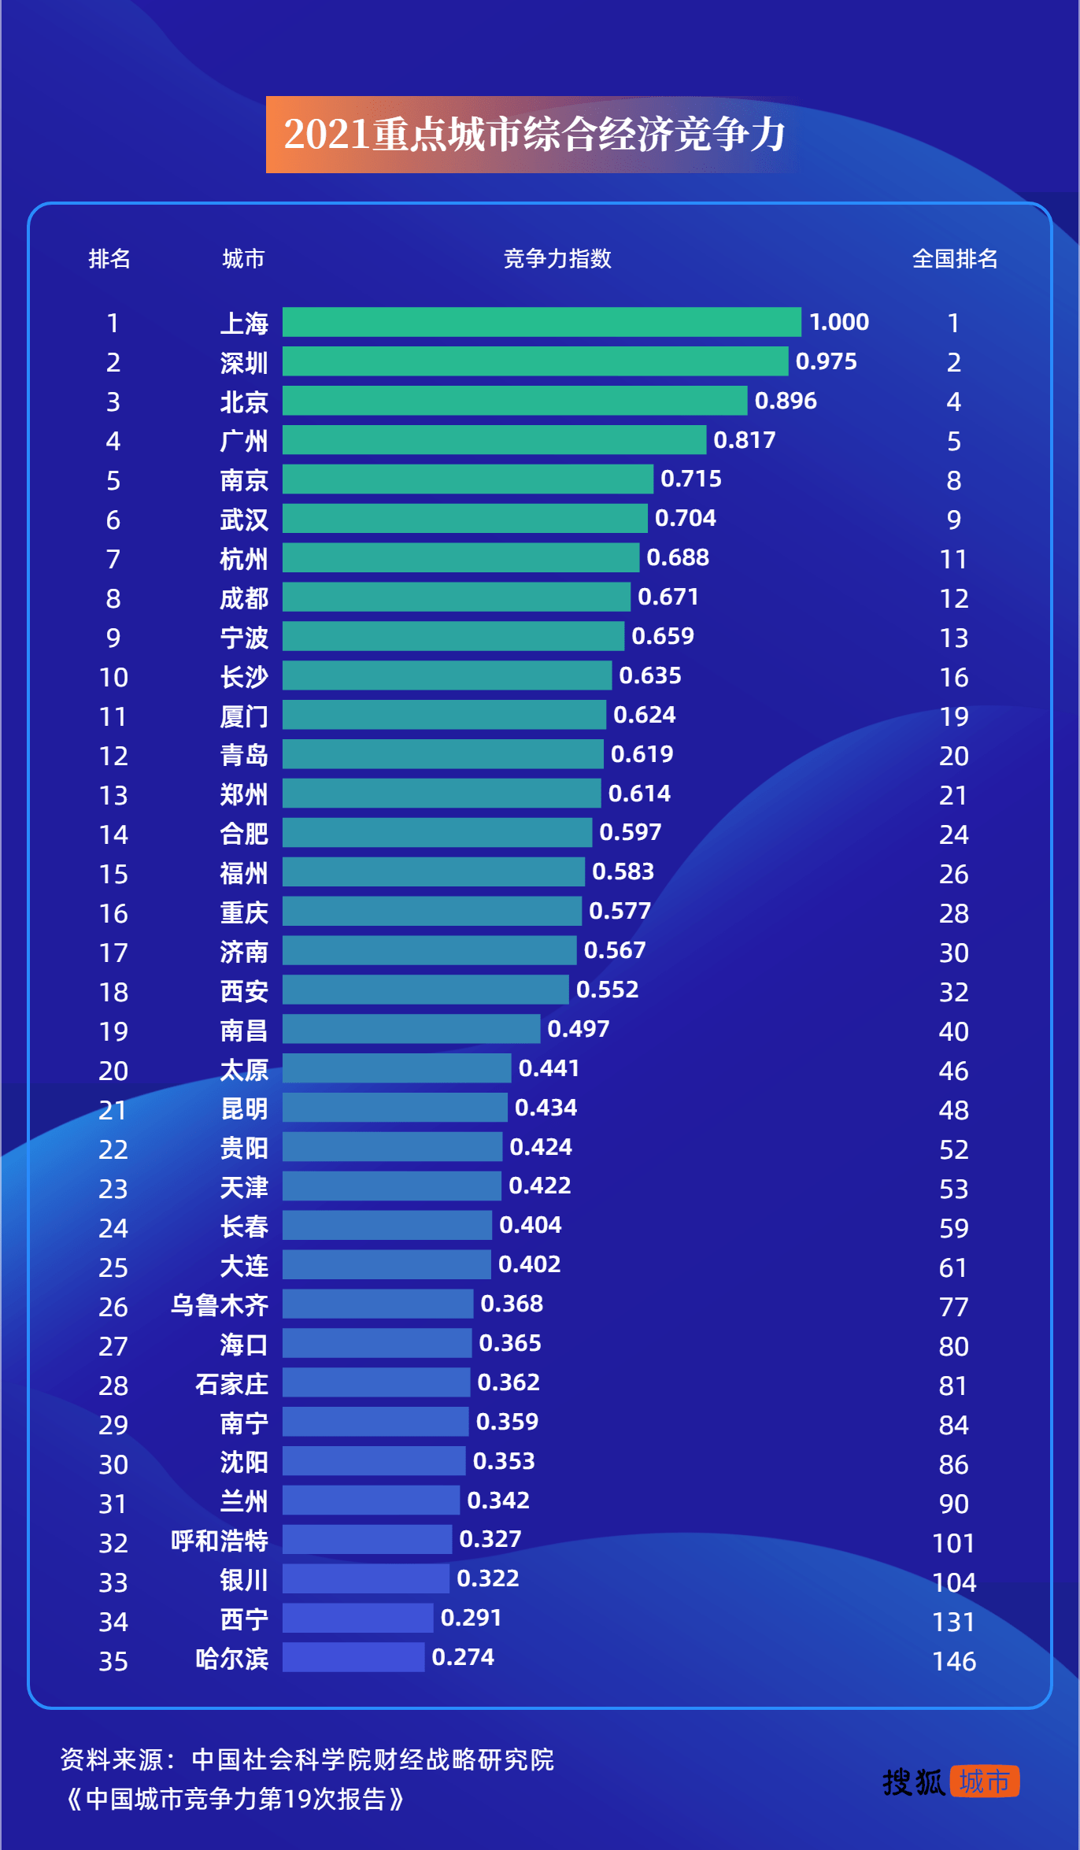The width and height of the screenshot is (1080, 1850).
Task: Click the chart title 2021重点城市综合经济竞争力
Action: (534, 135)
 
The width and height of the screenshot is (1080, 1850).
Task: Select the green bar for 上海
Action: (542, 322)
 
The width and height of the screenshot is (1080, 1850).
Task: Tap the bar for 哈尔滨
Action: (353, 1657)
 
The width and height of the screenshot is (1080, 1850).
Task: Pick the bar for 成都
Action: (457, 597)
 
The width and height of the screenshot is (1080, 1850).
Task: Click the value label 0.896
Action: (786, 401)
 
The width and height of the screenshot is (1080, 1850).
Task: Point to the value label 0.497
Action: (579, 1029)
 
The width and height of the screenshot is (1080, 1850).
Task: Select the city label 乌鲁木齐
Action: (220, 1305)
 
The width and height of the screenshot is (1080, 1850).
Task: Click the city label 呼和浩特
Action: (220, 1541)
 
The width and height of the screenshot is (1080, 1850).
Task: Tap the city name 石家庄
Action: (231, 1384)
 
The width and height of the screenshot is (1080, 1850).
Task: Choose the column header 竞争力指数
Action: (557, 258)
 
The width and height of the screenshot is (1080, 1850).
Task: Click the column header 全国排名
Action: (954, 258)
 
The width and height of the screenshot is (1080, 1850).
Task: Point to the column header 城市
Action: (243, 258)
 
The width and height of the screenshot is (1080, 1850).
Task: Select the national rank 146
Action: (954, 1661)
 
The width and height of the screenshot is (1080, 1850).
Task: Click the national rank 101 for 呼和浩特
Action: (953, 1543)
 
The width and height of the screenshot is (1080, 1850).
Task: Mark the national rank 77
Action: (953, 1307)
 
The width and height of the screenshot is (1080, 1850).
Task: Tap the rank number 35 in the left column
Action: (113, 1661)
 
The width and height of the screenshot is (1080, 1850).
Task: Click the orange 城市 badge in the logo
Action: (984, 1782)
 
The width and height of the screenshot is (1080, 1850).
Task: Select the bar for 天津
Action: (391, 1186)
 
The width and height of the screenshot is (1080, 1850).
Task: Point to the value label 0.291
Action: (471, 1618)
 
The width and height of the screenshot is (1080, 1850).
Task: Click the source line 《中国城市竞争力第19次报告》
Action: (235, 1799)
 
